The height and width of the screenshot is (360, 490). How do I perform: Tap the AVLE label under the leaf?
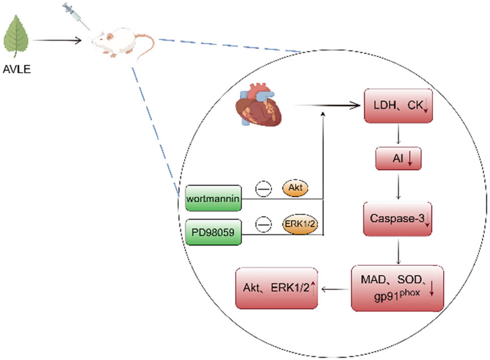click(x=18, y=69)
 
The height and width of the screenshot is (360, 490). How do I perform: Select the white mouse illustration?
click(x=118, y=40)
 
